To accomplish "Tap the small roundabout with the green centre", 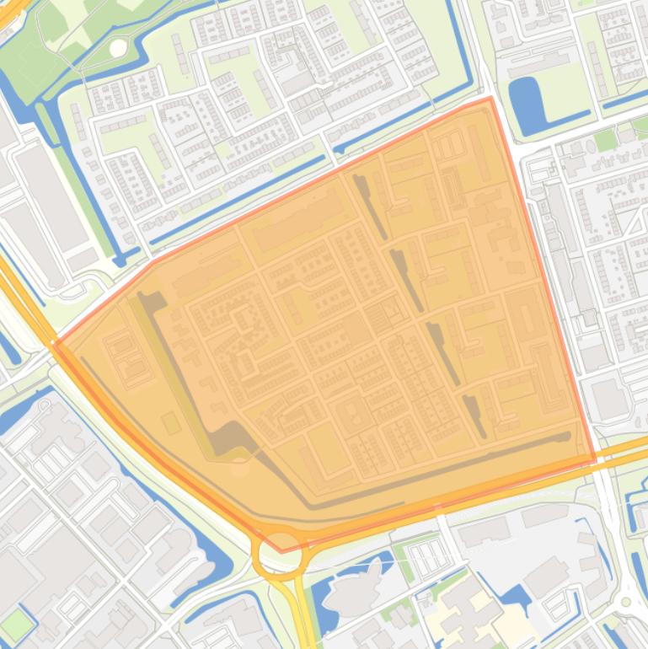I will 625,602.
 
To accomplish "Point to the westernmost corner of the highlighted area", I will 54,344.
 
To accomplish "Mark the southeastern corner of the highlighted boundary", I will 595,460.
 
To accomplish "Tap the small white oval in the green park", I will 118,48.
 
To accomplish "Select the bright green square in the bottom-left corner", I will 16,623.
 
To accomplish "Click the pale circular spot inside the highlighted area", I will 240,464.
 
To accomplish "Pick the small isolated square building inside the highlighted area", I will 172,422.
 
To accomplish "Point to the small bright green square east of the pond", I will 605,140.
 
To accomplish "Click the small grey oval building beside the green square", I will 626,133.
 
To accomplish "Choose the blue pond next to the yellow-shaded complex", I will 516,598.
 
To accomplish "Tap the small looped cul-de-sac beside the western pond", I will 44,405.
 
